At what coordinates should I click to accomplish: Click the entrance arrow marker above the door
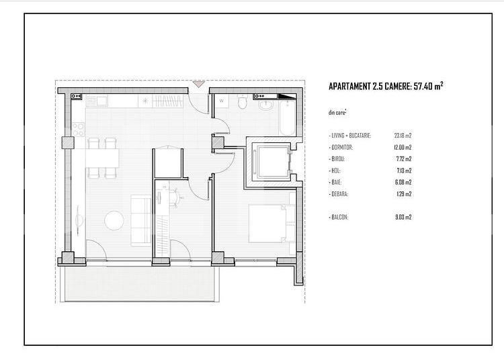[198, 85]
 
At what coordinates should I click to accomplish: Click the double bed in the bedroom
[269, 224]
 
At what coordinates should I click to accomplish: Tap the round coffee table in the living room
[114, 220]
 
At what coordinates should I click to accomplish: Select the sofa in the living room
[140, 219]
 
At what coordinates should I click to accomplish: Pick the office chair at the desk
[177, 195]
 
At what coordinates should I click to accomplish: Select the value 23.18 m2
[403, 135]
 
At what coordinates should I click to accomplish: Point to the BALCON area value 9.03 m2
[403, 217]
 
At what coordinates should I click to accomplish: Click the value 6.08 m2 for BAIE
[403, 182]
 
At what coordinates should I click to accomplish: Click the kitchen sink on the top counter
[97, 101]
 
